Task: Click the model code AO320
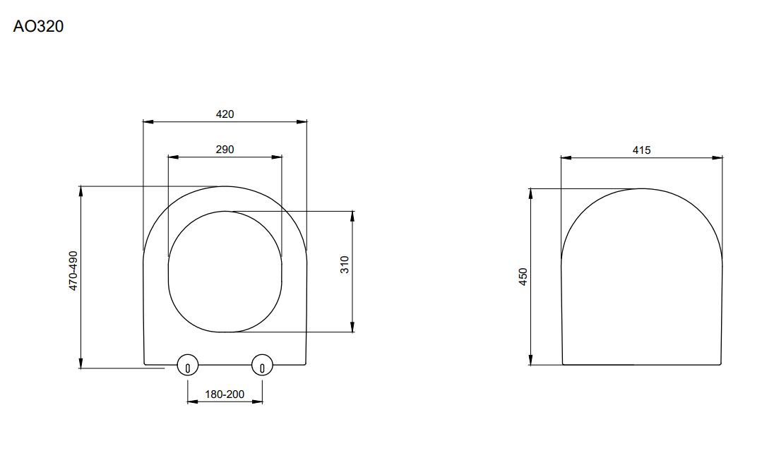point(38,27)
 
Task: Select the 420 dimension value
point(225,114)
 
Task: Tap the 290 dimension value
point(225,150)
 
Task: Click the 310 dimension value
point(345,265)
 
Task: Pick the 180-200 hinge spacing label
point(225,394)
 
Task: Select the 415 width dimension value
point(641,150)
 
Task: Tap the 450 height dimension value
point(523,277)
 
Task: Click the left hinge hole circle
point(187,366)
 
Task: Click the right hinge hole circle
point(263,366)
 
